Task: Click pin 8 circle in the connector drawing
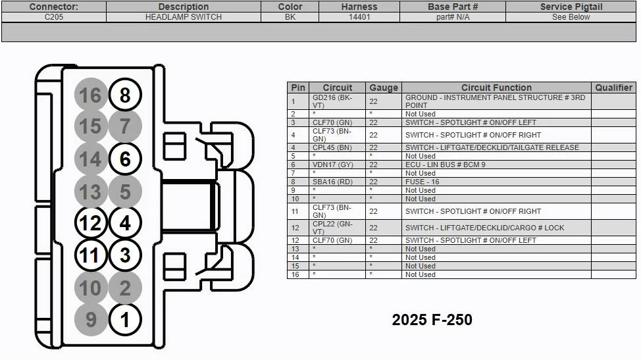pos(125,95)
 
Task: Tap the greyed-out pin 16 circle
pos(90,95)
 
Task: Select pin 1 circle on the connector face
pos(125,321)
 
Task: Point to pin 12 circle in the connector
pos(90,223)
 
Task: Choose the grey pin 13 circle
pos(90,192)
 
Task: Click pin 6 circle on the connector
pos(125,159)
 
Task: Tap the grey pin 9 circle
pos(90,321)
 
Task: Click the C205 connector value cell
pos(53,17)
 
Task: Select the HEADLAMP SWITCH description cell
pos(183,17)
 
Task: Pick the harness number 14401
pos(359,17)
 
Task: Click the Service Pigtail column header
pos(571,7)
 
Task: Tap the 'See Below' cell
pos(571,17)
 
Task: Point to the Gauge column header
pos(383,88)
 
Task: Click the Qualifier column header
pos(613,88)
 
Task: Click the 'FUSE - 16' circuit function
pos(422,182)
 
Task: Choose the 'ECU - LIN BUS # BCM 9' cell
pos(445,165)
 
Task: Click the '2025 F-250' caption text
pos(432,320)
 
